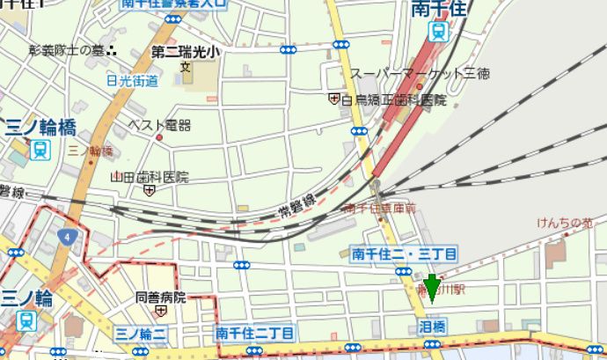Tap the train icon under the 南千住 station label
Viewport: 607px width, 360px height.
(438, 33)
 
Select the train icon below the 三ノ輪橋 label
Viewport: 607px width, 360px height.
(39, 150)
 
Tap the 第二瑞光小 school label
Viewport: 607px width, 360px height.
(186, 52)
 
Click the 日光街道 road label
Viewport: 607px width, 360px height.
(133, 81)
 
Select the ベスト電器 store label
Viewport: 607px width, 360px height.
(160, 126)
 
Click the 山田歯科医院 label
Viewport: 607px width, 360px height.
(150, 177)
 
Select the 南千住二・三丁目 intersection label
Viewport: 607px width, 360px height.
(404, 253)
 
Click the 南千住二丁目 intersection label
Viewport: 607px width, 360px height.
(254, 333)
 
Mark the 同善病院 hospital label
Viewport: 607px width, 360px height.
(161, 298)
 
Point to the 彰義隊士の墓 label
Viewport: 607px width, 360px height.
(67, 50)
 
